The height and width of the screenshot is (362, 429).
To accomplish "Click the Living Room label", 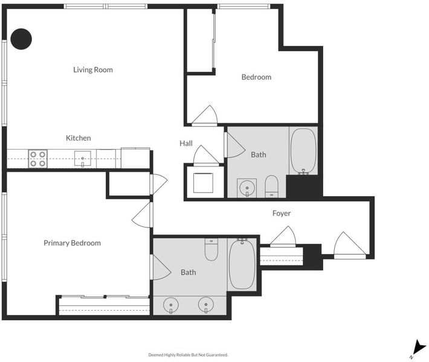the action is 93,70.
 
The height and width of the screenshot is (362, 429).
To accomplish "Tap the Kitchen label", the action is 79,138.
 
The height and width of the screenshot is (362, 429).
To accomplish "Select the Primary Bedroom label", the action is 73,243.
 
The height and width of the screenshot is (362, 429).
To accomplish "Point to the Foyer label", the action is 282,214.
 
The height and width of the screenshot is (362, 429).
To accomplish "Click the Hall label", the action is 186,144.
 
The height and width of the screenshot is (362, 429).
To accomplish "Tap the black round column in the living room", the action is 21,39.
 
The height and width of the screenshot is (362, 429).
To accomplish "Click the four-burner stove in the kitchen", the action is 37,159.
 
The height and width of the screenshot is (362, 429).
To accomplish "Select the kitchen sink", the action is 83,159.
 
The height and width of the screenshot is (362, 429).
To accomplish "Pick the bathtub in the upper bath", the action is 303,151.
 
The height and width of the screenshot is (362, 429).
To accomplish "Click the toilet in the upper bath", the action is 272,186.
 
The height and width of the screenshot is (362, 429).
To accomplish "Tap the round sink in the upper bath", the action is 247,188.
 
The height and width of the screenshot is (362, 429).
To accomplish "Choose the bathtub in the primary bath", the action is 242,264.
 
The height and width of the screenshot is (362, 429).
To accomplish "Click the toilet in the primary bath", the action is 211,249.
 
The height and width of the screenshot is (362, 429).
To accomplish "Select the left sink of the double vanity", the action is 171,305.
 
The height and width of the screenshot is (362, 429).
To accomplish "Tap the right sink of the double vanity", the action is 206,305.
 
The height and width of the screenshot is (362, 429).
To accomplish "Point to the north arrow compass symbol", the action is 418,348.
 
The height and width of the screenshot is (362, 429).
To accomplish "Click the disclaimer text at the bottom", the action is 189,355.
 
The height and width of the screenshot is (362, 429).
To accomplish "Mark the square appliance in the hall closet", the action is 203,183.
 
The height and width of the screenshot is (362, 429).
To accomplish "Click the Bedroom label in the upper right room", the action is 256,77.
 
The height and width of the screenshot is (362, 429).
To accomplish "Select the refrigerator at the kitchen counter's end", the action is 135,158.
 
